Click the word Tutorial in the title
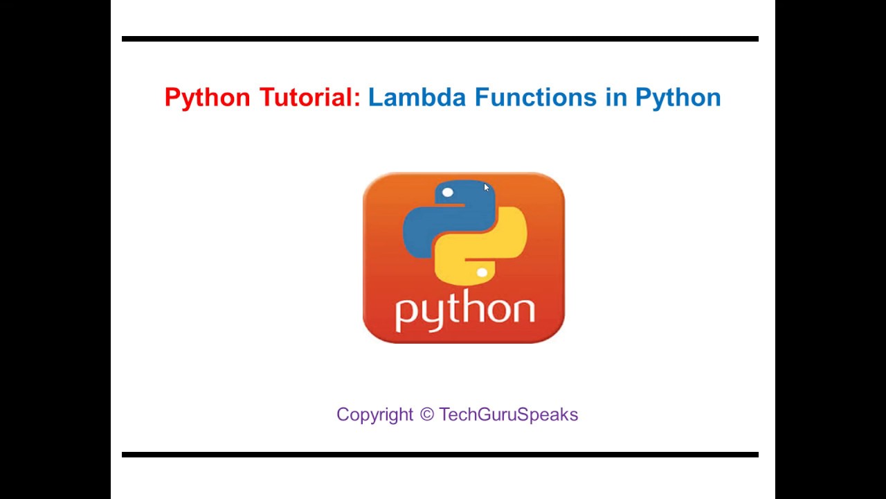pos(306,96)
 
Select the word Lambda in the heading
pos(417,96)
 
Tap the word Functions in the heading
pos(536,96)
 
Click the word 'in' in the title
pos(616,96)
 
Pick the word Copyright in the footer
pos(374,415)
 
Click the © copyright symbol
pos(427,414)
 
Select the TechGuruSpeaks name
pos(509,415)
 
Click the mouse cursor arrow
pos(486,187)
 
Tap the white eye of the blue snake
pos(448,193)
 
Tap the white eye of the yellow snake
pos(482,272)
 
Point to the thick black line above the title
pos(440,39)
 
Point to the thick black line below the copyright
pos(440,455)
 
